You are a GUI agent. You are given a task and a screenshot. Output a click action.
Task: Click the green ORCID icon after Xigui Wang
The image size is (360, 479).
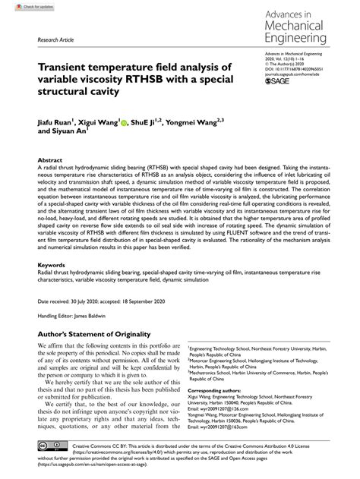(123, 119)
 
